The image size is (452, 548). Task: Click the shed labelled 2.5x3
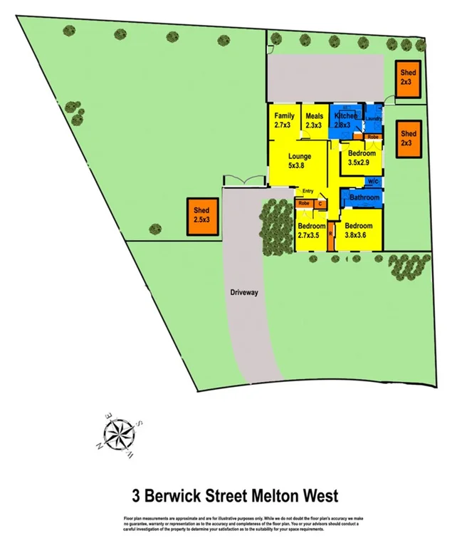(201, 216)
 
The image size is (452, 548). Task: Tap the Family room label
(284, 120)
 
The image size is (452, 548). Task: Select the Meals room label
(314, 120)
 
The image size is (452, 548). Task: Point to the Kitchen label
(345, 116)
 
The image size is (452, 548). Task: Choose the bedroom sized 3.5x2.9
(362, 157)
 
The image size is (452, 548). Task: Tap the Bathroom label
(364, 197)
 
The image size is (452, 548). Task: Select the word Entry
(308, 191)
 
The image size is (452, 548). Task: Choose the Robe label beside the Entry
(304, 204)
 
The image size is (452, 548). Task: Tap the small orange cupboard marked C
(320, 205)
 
